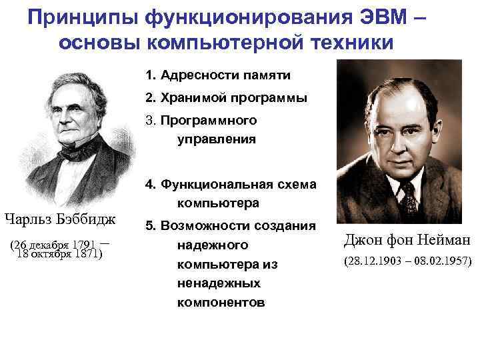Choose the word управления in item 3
(x=216, y=140)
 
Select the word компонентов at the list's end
(x=220, y=303)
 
